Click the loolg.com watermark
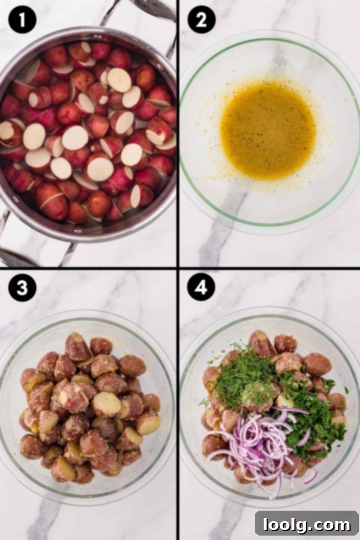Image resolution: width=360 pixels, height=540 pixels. coord(306,523)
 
